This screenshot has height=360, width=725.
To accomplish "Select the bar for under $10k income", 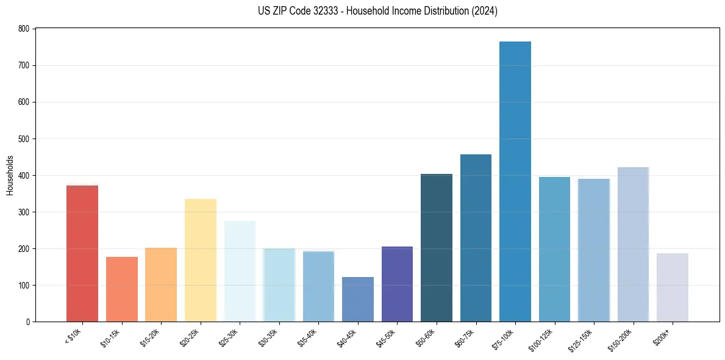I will [82, 253].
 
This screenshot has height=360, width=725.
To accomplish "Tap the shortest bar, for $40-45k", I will [358, 299].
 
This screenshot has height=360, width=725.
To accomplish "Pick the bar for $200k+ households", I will [673, 287].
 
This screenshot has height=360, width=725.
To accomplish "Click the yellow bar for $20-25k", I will [201, 260].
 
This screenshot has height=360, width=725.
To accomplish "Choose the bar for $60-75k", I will [476, 238].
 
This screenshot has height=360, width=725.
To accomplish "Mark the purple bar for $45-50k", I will [397, 284].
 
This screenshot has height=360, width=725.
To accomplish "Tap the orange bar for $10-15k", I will [122, 289].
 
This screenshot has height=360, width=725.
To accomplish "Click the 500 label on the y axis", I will [24, 139].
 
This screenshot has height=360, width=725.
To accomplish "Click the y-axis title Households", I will [10, 175].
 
